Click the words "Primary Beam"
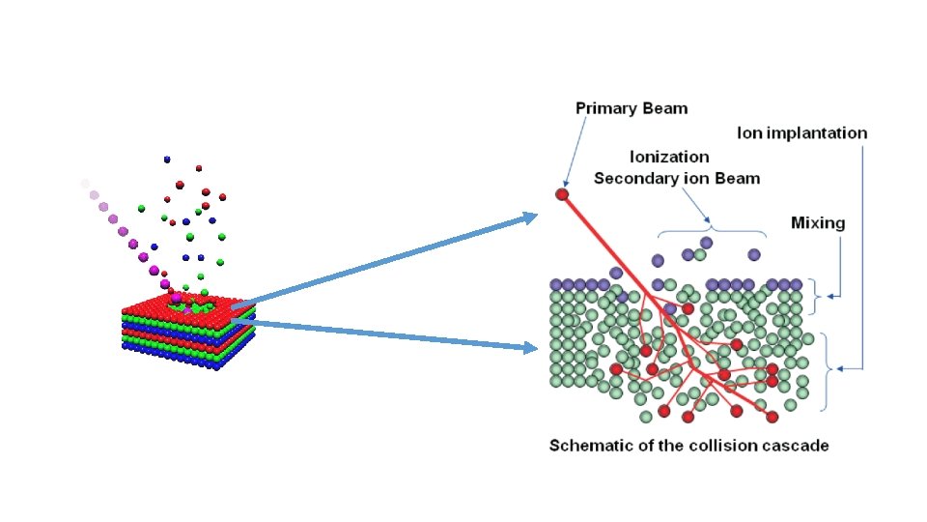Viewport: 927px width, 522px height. [x=632, y=108]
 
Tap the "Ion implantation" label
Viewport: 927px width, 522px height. [x=801, y=132]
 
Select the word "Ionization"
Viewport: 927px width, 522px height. [x=669, y=157]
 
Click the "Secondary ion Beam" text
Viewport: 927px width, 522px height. [x=676, y=178]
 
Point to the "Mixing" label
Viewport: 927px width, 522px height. [x=817, y=223]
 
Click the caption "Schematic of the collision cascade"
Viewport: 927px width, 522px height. [x=688, y=446]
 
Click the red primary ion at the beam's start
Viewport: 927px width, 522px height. [x=562, y=194]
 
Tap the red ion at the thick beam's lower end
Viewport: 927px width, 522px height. [x=772, y=417]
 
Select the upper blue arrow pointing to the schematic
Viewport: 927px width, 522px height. [x=386, y=258]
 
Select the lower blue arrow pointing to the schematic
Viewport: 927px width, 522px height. [x=386, y=333]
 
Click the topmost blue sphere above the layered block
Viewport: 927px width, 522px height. [x=167, y=159]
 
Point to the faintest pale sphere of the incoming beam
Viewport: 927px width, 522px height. [x=85, y=183]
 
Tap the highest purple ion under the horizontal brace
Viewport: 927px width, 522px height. [x=707, y=242]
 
